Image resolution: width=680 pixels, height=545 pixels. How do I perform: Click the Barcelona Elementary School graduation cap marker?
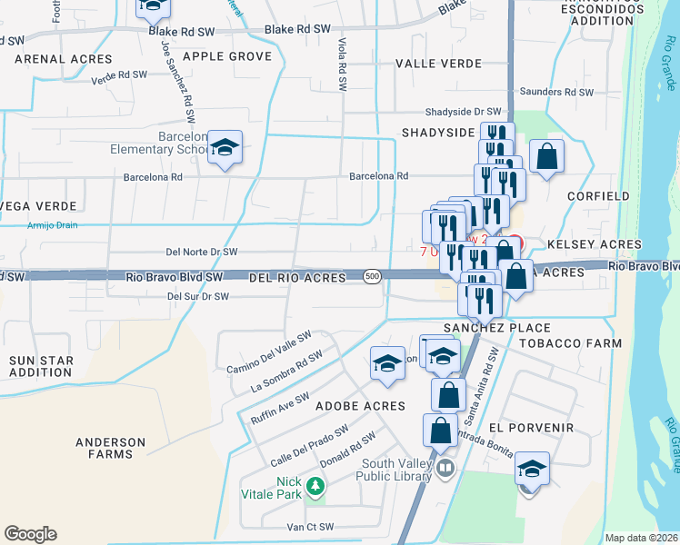224,148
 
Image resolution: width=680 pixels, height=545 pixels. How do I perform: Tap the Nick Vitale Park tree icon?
315,488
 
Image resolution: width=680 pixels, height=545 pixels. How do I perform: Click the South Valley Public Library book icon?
445,470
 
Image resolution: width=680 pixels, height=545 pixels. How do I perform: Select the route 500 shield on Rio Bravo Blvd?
371,275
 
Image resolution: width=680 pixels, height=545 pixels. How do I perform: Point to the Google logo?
30,534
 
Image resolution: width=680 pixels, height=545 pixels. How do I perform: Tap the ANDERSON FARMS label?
110,448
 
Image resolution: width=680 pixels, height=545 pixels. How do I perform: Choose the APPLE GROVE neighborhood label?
227,56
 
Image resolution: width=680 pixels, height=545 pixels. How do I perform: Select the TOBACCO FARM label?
570,343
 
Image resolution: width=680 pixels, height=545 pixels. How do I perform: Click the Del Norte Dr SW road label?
202,252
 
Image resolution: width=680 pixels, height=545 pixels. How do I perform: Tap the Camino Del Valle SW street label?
269,351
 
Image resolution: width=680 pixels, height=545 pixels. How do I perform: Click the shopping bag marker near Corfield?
547,156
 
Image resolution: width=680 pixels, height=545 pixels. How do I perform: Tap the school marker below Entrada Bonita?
533,470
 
